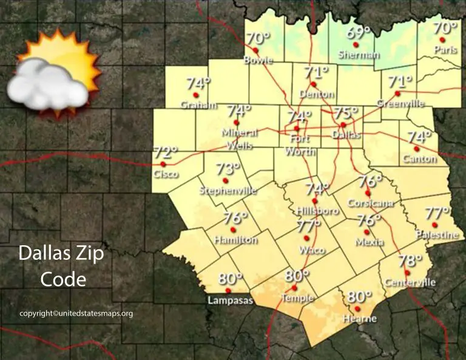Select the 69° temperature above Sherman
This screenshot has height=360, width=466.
point(358,34)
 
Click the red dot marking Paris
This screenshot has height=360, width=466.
point(442,39)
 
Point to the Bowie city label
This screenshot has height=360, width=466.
point(258,60)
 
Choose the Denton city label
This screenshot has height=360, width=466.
point(317,94)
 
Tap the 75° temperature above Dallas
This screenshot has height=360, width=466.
point(346,113)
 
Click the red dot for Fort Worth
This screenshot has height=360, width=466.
point(297,129)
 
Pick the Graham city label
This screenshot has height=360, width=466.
point(198,105)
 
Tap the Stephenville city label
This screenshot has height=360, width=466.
point(228,191)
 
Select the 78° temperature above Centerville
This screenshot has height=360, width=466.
point(410,262)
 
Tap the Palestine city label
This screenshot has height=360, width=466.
point(437,234)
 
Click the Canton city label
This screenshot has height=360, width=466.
point(419,159)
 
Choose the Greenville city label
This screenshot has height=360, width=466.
point(400,104)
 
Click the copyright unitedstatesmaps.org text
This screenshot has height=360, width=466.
point(76,314)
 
